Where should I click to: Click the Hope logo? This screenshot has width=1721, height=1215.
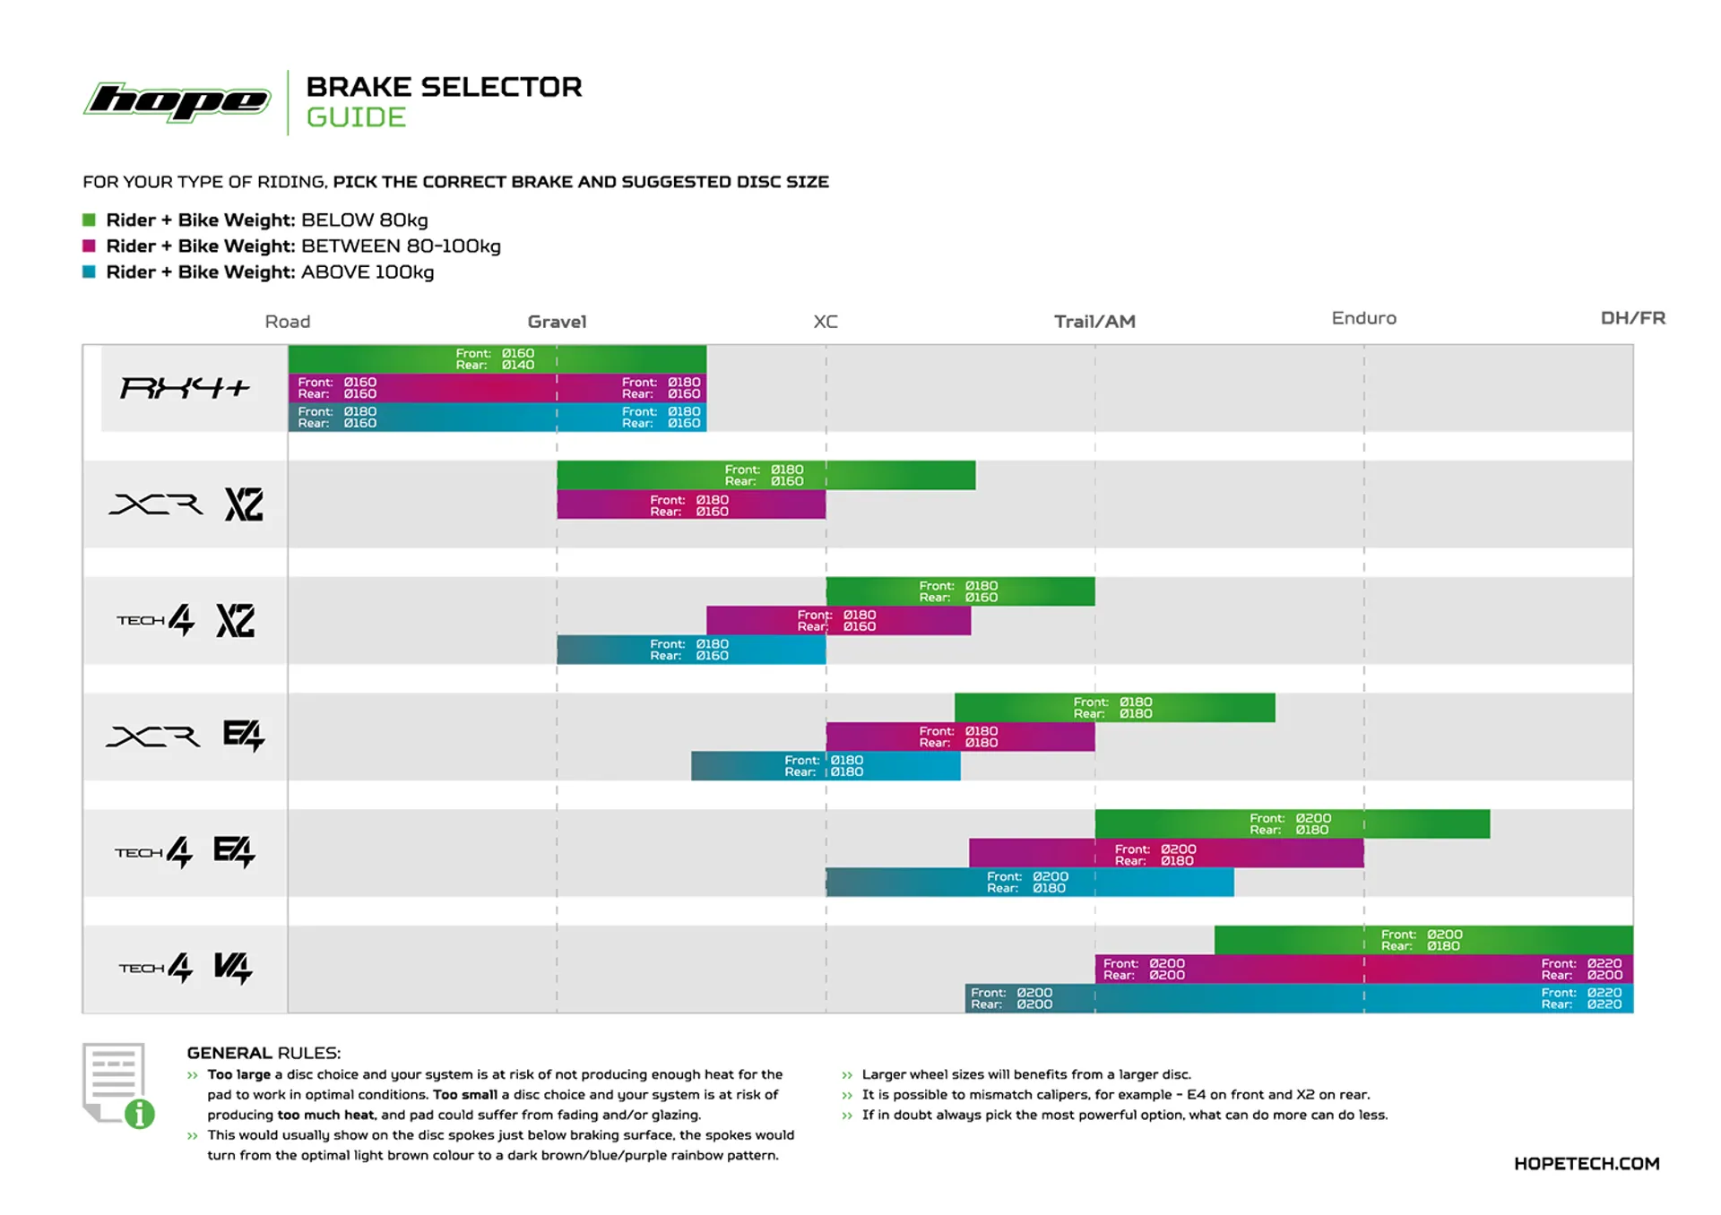177,101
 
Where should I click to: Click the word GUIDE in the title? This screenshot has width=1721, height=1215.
356,117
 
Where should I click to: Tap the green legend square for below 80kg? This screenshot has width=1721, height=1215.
89,220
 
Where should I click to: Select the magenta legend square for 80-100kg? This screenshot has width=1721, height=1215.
89,246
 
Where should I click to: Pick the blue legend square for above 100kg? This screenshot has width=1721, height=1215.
89,271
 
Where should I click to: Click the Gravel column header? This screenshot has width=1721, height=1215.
557,322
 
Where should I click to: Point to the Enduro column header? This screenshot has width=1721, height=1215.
1363,318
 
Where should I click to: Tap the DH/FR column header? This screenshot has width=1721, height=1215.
1632,318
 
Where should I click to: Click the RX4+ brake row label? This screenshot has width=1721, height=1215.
185,388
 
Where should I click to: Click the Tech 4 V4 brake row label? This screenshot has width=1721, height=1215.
186,968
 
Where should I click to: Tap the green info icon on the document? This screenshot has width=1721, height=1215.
140,1114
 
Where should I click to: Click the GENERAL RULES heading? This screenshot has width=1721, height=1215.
264,1053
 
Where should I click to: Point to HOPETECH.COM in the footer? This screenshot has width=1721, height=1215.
1586,1163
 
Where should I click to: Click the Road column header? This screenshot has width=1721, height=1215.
287,322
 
